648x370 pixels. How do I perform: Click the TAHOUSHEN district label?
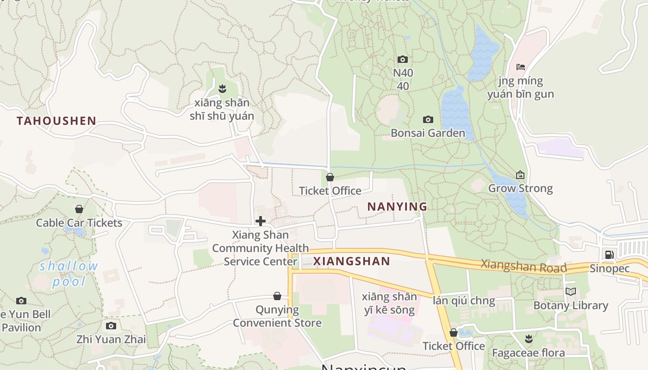coord(56,121)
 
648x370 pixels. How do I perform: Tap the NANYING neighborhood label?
coord(397,207)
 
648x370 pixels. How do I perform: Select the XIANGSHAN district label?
coord(352,261)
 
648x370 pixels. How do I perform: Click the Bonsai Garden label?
coord(428,133)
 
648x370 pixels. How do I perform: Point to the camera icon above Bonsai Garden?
coord(428,119)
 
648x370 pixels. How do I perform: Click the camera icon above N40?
coord(403,59)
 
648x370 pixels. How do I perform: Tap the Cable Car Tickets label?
coord(79,223)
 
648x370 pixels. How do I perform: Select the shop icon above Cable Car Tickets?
coord(79,209)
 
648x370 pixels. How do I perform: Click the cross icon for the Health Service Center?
coord(261,221)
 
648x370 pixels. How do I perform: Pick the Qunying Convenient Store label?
coord(277,316)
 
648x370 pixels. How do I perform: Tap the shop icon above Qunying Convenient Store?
coord(277,296)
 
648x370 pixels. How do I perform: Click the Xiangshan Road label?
coord(523,266)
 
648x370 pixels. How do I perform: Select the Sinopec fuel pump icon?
coord(609,254)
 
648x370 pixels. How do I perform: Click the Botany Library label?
coord(571,306)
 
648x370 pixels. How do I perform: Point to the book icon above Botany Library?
coord(571,292)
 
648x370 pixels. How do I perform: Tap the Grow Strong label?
coord(520,189)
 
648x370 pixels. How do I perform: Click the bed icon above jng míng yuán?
coord(521,67)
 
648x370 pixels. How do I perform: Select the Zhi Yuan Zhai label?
coord(111,339)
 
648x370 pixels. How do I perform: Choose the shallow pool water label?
coord(69,274)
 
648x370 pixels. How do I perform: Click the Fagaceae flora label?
coord(528,353)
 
